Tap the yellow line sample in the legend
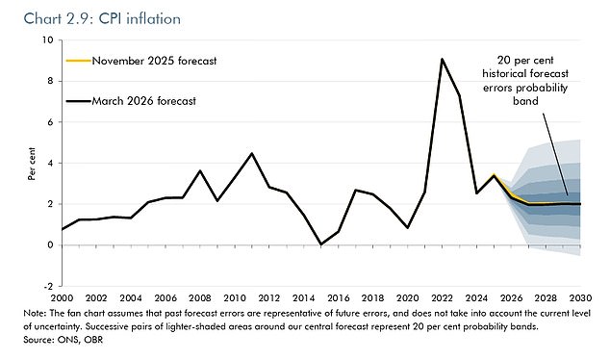(x=76, y=61)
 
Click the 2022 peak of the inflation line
(x=441, y=60)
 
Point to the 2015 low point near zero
(x=320, y=244)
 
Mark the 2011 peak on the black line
(x=251, y=154)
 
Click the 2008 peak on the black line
(x=199, y=171)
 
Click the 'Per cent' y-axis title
(x=28, y=164)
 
